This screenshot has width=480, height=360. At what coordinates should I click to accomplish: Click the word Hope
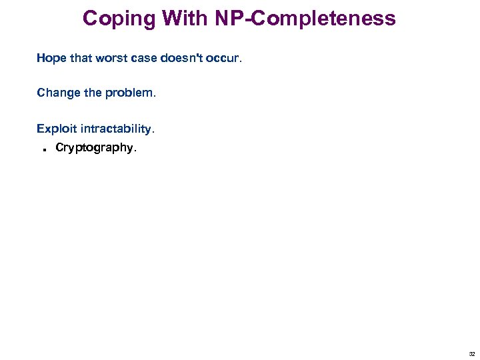(x=51, y=58)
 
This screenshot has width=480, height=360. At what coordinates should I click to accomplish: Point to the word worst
(x=111, y=58)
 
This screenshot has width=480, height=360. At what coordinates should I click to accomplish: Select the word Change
(x=58, y=93)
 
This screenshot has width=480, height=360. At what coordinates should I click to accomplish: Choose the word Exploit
(x=56, y=127)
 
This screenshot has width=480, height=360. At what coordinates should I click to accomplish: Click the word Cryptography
(x=94, y=148)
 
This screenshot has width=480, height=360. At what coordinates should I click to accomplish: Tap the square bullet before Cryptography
(x=42, y=149)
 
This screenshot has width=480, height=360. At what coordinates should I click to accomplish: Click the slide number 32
(x=472, y=354)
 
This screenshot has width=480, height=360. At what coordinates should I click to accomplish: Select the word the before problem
(x=93, y=93)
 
